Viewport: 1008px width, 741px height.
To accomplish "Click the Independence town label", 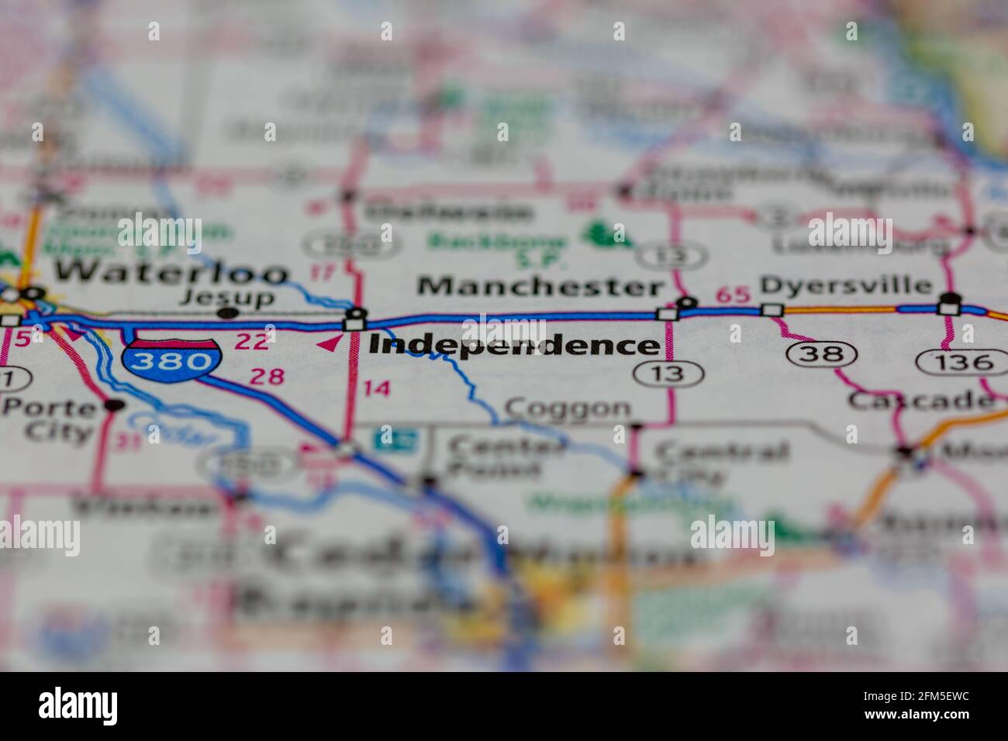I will pos(513,345).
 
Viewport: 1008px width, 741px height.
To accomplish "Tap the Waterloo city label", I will pos(172,273).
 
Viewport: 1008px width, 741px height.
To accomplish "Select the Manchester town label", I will pos(540,286).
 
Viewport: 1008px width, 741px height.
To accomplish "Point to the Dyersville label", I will pos(846,285).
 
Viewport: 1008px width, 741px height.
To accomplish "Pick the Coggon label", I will pos(568,408).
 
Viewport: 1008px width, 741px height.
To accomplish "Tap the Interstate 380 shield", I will pos(171,360).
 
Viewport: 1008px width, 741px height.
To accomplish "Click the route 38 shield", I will pos(821,355).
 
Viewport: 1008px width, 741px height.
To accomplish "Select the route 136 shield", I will pos(955,361).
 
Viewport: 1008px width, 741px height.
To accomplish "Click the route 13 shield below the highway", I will pos(668,374).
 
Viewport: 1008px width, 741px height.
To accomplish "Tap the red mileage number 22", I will pos(252,341).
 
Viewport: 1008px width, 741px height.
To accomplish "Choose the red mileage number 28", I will pos(268,377).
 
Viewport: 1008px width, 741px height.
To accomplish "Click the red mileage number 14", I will pos(377,388).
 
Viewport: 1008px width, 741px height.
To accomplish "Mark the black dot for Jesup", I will pos(227,313).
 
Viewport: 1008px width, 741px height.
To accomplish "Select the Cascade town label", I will pos(920,400).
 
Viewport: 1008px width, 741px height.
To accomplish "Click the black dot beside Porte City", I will pos(115,404).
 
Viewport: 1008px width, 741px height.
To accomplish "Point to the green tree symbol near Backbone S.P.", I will pos(599,233).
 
